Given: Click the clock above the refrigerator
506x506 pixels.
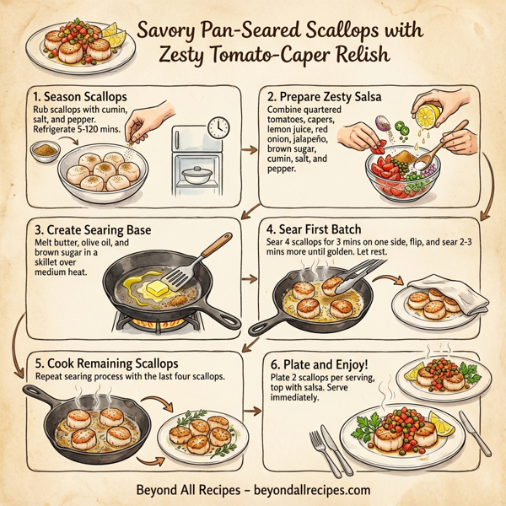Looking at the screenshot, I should (x=218, y=126).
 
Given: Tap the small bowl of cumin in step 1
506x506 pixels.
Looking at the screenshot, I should (x=42, y=151).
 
